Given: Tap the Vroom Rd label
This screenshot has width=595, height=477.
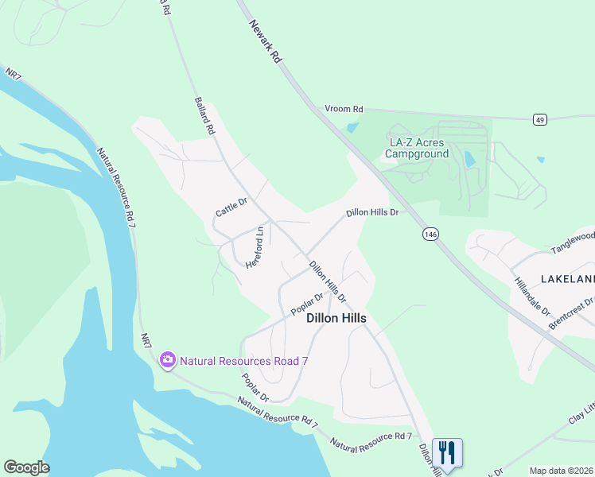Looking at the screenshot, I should coord(344,109).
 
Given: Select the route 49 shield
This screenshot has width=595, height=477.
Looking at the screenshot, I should coord(540,119).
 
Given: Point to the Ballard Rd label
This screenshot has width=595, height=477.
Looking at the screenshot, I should coord(204,115).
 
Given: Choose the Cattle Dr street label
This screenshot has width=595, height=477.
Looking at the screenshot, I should coord(231,207).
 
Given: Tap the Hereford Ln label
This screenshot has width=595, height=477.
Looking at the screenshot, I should coord(254,247).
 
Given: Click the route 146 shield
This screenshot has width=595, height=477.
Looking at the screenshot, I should coord(430,234).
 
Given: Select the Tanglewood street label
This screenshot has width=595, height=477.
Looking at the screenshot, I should coord(572,242).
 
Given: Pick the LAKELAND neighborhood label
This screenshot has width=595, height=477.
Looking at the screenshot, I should coord(567,279).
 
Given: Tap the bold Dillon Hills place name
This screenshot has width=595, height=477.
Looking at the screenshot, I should coord(336,318).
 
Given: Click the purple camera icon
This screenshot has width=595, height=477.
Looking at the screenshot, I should coord(168,360).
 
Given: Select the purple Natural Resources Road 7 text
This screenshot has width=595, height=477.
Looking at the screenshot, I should coord(243,361).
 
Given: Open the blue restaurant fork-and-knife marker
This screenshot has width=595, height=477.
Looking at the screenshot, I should coord(447,453).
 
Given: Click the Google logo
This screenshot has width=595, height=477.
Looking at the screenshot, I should coord(26,467).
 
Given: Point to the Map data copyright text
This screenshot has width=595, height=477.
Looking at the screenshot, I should coord(561,471).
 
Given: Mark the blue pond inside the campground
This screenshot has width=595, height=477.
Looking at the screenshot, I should coord(469,158).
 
